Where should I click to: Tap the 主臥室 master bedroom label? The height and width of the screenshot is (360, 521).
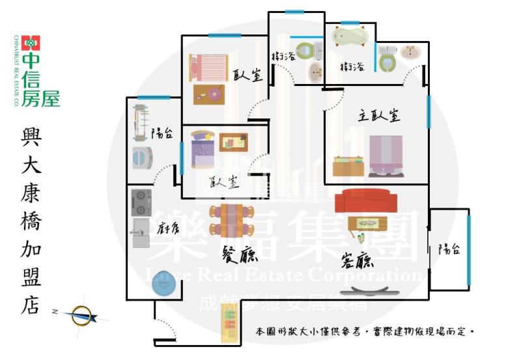tap(378, 116)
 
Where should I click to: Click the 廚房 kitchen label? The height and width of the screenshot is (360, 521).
tap(168, 228)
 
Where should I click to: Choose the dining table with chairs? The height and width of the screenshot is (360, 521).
tap(231, 222)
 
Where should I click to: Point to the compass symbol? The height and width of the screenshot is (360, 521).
tap(82, 316)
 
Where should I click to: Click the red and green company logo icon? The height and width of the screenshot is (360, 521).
tap(31, 42)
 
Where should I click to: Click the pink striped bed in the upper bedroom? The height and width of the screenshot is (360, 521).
tap(208, 67)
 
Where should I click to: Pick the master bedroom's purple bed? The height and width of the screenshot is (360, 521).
tap(386, 156)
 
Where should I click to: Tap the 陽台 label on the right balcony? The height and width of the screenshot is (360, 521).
tap(449, 249)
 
